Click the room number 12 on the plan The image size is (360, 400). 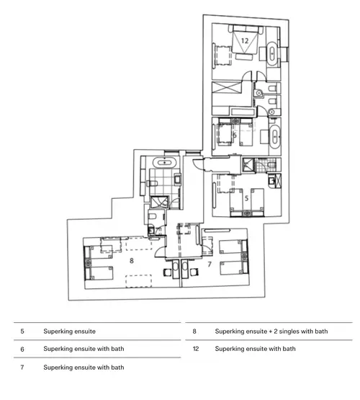pyautogui.click(x=245, y=41)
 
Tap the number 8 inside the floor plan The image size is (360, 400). pyautogui.click(x=132, y=260)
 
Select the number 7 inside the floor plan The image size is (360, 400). pyautogui.click(x=210, y=265)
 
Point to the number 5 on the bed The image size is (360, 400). pyautogui.click(x=246, y=198)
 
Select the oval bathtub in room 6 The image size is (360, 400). pyautogui.click(x=274, y=136)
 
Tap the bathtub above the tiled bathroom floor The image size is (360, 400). pyautogui.click(x=164, y=162)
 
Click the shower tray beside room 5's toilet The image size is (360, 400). pyautogui.click(x=248, y=165)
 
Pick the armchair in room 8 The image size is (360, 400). pyautogui.click(x=167, y=272)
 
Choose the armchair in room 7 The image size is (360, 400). pyautogui.click(x=194, y=272)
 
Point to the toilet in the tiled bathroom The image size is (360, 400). pyautogui.click(x=152, y=183)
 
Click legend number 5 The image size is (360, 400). pyautogui.click(x=22, y=332)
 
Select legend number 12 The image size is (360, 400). pyautogui.click(x=195, y=349)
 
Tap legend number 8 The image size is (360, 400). pyautogui.click(x=194, y=332)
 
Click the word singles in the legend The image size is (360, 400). pyautogui.click(x=289, y=332)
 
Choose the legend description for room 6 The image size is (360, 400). pyautogui.click(x=84, y=349)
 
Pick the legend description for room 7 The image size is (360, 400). pyautogui.click(x=84, y=368)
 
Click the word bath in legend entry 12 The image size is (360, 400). pyautogui.click(x=289, y=349)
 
